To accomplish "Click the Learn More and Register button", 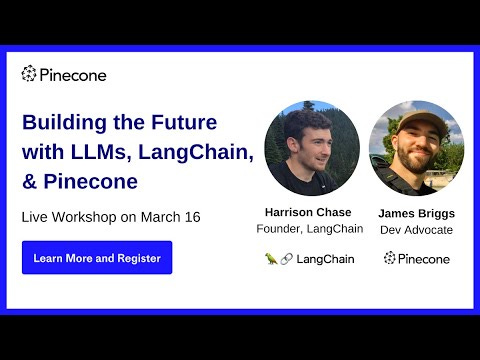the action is click(97, 257).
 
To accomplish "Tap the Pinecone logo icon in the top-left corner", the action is click(29, 73).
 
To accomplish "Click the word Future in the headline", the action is click(184, 122).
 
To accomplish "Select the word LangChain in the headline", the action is click(196, 152).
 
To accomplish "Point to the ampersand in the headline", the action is click(29, 182).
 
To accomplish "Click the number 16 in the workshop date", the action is click(193, 217).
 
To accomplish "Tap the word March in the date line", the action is click(161, 217).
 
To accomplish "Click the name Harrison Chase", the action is click(308, 212).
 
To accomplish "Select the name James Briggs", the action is click(416, 213).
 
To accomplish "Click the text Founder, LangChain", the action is click(310, 229).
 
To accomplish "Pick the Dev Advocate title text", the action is click(416, 230).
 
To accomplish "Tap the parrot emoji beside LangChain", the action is click(271, 259).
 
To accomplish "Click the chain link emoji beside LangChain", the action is click(286, 259).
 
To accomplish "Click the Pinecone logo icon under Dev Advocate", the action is click(389, 258).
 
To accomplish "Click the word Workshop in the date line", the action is click(84, 217).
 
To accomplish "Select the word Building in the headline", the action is click(64, 122).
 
